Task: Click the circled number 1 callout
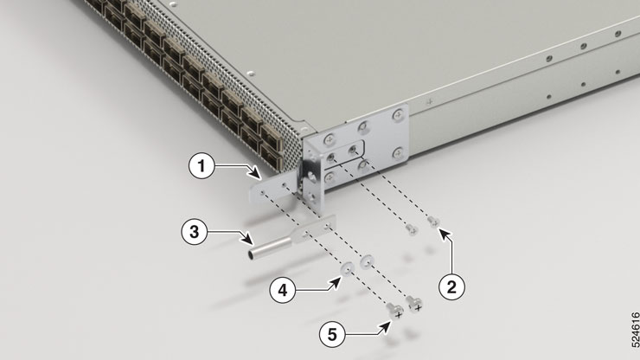point(202,166)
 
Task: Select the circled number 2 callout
point(451,286)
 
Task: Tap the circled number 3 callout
point(195,232)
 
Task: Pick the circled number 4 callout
point(283,290)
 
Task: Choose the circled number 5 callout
point(332,334)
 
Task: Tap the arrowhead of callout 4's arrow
point(338,280)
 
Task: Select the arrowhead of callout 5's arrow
point(387,325)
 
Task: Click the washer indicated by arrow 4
point(347,269)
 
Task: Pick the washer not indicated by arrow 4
point(366,261)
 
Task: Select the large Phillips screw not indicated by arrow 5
point(414,304)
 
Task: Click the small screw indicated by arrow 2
point(433,222)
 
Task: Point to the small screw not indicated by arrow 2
point(413,229)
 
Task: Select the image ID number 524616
point(634,330)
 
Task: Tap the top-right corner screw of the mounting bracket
point(398,115)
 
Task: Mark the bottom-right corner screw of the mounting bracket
point(398,153)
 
